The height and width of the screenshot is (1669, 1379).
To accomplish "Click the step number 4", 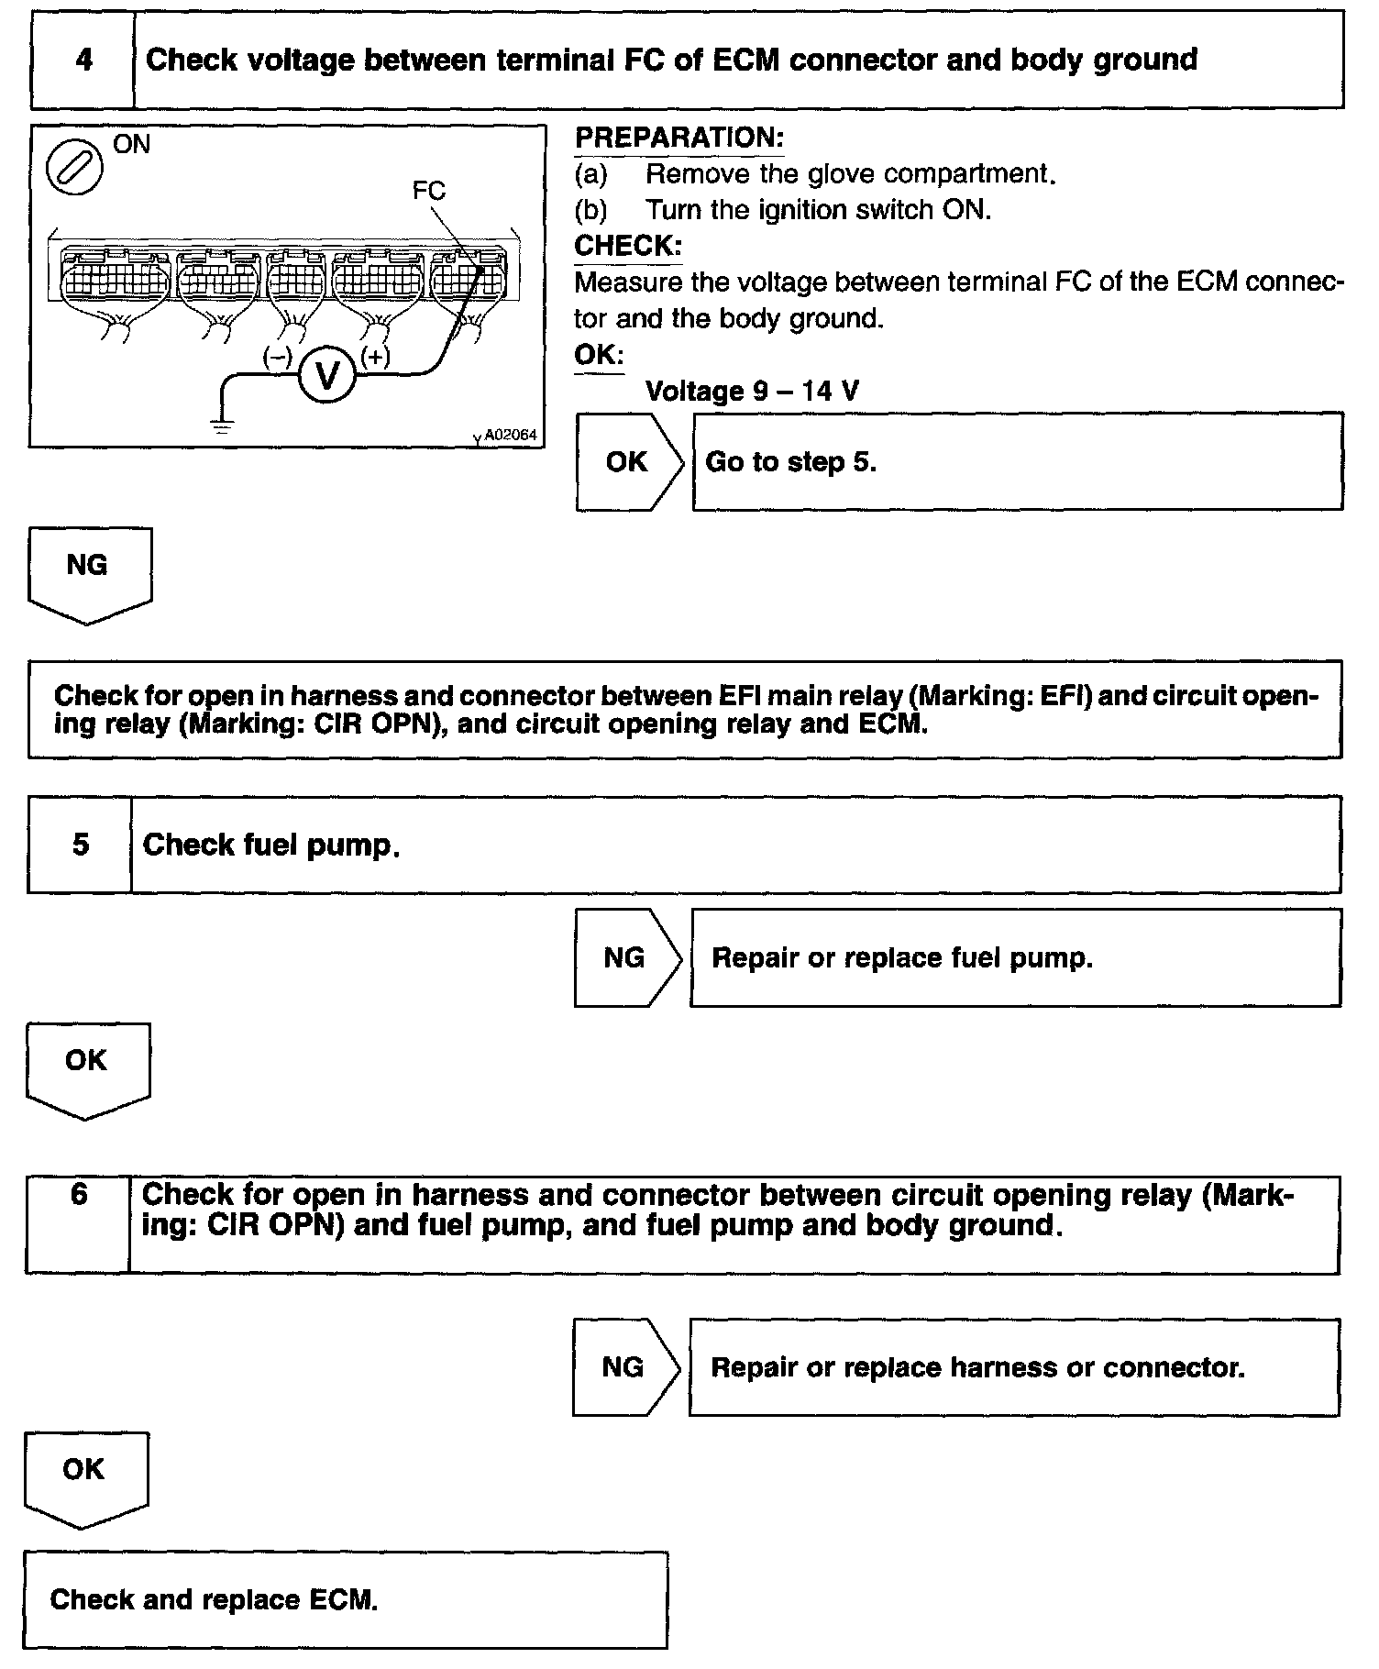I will pyautogui.click(x=83, y=61).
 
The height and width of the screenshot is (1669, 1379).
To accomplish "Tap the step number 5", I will pyautogui.click(x=81, y=845).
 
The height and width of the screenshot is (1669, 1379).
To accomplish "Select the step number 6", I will pyautogui.click(x=79, y=1195).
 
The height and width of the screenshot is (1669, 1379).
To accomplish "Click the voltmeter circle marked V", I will pyautogui.click(x=327, y=375).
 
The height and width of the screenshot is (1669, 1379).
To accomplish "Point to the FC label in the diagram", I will pyautogui.click(x=428, y=191).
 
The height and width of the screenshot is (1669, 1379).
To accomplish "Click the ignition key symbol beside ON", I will pyautogui.click(x=75, y=167).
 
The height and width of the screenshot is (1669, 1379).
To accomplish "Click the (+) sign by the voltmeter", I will pyautogui.click(x=376, y=357).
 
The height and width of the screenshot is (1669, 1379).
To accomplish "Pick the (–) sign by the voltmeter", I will pyautogui.click(x=277, y=358).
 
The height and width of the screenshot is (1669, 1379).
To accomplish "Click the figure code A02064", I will pyautogui.click(x=510, y=435).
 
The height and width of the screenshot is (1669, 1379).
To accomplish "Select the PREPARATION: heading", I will pyautogui.click(x=678, y=138).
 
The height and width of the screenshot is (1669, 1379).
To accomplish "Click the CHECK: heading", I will pyautogui.click(x=628, y=246).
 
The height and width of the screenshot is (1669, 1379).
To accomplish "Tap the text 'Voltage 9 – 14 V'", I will pyautogui.click(x=752, y=392).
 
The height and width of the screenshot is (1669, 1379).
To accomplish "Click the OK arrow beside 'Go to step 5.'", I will pyautogui.click(x=629, y=462).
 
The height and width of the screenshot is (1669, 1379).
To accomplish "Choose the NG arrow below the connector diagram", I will pyautogui.click(x=88, y=571).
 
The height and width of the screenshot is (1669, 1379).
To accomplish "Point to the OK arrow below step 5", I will pyautogui.click(x=86, y=1067).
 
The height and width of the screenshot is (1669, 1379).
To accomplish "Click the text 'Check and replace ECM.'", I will pyautogui.click(x=214, y=1600).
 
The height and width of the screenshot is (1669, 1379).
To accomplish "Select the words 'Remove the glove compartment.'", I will pyautogui.click(x=851, y=174).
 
